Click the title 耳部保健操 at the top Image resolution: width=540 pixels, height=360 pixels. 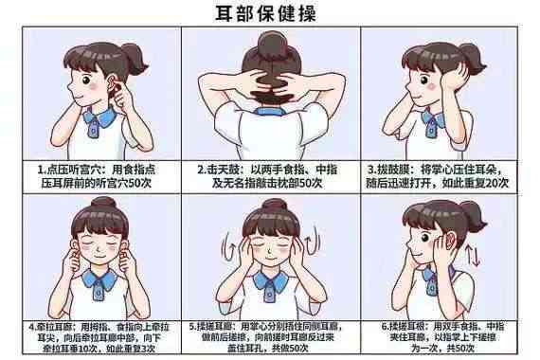pos(269,12)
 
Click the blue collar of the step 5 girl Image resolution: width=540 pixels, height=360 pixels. pos(270,283)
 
